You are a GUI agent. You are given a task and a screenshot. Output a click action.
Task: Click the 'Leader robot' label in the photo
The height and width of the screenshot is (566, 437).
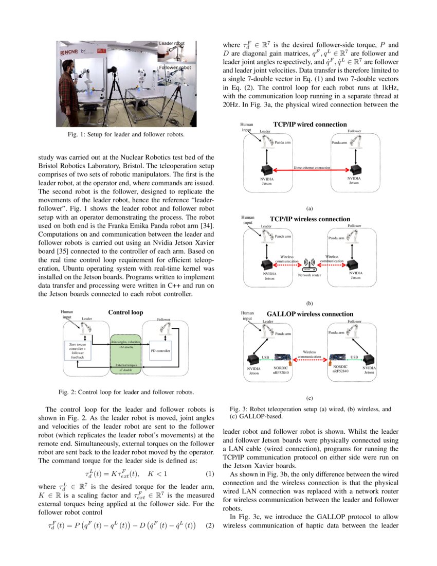(x=173, y=44)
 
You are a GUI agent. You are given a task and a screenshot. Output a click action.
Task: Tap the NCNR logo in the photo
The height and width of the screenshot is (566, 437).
(x=70, y=52)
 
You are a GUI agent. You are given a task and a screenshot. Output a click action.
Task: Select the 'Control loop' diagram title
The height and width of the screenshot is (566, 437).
(x=125, y=312)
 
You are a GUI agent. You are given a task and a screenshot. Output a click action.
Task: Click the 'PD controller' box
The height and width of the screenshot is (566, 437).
(x=160, y=351)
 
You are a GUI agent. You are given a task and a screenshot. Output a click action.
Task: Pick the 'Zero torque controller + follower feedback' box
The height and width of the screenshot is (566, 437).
(x=77, y=350)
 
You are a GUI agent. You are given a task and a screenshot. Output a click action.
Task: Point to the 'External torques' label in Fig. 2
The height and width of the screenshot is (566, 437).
(x=125, y=365)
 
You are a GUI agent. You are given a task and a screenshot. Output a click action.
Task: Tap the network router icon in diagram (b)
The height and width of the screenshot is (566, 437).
(x=309, y=267)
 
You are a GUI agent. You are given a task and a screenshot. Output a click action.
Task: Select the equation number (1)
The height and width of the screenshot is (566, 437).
(x=209, y=473)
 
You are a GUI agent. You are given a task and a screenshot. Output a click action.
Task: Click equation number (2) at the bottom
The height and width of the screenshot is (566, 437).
(x=209, y=526)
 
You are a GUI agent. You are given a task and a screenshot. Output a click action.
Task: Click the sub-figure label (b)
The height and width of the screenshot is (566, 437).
(x=309, y=304)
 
